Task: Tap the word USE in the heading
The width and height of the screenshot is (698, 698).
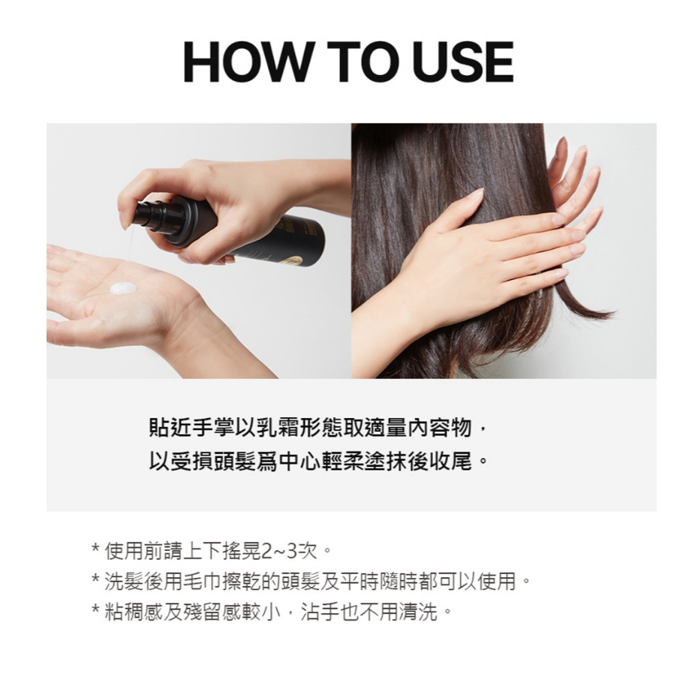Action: (463, 62)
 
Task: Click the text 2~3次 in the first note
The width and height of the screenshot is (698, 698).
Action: (290, 552)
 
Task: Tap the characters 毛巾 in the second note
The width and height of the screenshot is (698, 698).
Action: (202, 582)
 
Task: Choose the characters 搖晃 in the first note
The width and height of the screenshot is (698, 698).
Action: (242, 552)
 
